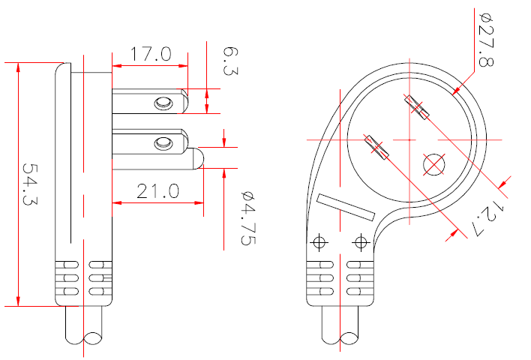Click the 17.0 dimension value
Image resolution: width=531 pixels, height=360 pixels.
[151, 54]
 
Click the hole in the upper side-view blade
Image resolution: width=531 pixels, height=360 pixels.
[162, 103]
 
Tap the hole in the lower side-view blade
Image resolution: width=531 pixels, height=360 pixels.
[162, 142]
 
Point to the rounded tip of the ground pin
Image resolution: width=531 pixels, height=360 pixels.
[198, 158]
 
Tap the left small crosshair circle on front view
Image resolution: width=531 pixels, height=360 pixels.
[319, 241]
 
